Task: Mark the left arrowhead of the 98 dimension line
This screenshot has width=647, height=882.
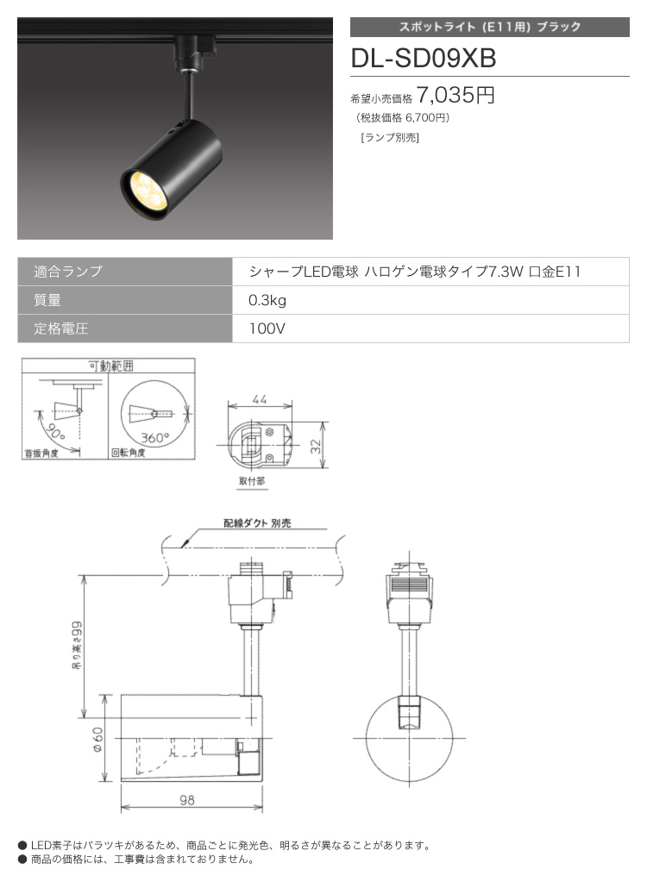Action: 122,808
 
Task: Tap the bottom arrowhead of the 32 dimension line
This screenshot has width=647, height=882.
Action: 323,466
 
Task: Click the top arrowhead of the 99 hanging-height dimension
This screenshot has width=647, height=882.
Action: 85,576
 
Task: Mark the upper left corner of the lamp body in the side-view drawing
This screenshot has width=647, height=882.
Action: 122,695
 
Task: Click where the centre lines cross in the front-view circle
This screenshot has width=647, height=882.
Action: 410,738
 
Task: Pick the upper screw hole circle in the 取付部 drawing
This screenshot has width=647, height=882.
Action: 270,432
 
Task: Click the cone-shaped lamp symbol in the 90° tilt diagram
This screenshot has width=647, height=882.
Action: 66,410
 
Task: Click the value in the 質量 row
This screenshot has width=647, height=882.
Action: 267,300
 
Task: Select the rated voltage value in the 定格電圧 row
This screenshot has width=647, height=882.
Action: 267,328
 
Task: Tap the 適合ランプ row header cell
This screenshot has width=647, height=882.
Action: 125,272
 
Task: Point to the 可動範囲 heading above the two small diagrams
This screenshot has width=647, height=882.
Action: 110,366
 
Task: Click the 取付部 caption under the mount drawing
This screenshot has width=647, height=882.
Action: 252,481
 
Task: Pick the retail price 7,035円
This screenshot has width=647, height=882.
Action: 455,95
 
